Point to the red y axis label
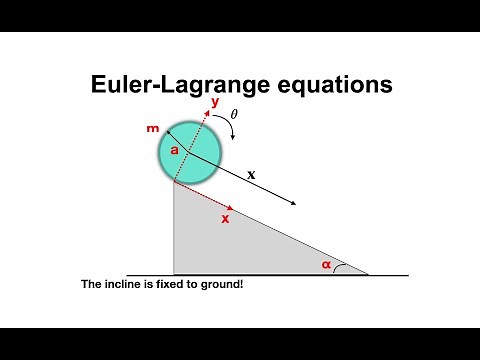tap(215, 102)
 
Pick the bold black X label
tap(251, 174)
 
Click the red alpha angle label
tap(325, 264)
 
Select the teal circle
tap(190, 152)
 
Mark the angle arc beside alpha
tap(345, 268)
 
